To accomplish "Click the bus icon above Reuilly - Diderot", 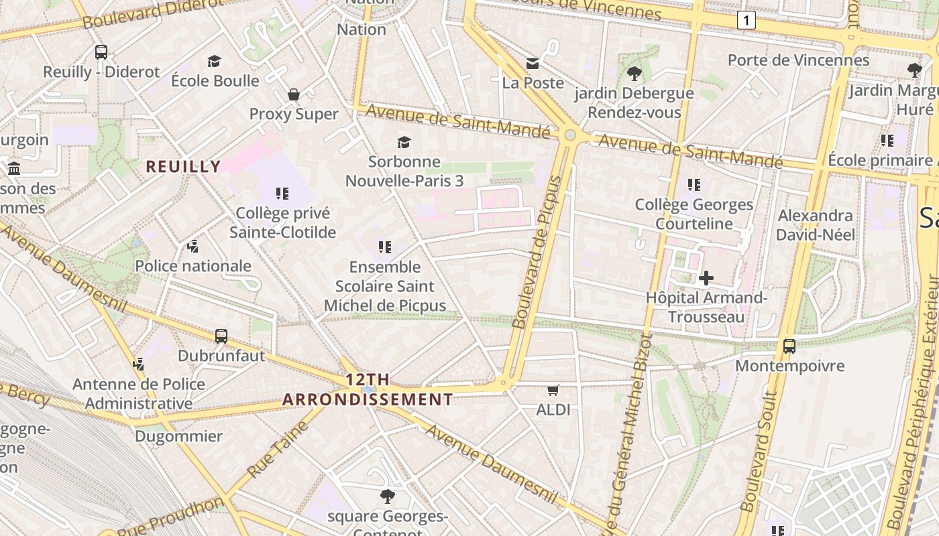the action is click(x=101, y=52).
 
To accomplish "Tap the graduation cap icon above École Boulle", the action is click(x=215, y=61).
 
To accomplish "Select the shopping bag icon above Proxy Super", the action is click(x=294, y=94).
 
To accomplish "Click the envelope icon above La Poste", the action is click(x=533, y=64).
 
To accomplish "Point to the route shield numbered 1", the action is click(x=746, y=20).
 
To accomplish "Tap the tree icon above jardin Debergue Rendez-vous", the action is click(x=634, y=73).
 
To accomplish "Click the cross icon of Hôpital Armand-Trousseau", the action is click(x=706, y=277).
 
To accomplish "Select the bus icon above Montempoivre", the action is click(x=789, y=346).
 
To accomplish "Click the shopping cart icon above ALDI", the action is click(x=553, y=390).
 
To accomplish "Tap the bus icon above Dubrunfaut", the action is click(x=221, y=336).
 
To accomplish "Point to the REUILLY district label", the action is click(x=183, y=167).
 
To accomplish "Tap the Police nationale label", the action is click(x=193, y=266).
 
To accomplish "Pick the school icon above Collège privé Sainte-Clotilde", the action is click(x=282, y=194).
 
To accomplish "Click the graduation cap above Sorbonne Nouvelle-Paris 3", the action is click(x=404, y=142).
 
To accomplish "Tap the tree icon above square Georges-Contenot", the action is click(x=387, y=496).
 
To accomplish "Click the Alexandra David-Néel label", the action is click(x=816, y=225).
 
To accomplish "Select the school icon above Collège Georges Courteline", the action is click(x=694, y=184).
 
